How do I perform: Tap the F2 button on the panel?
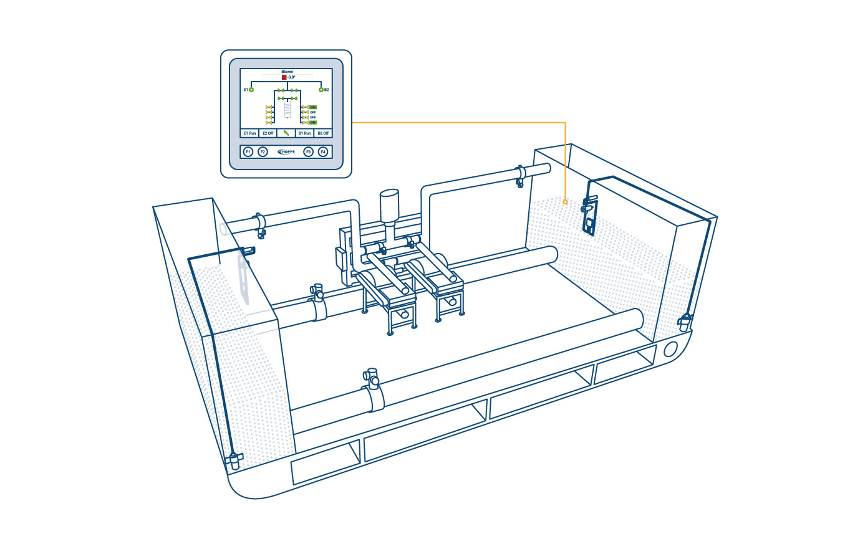263,151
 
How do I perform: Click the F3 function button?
307,151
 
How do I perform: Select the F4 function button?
322,151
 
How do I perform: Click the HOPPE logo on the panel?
285,151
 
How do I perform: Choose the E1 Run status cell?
249,133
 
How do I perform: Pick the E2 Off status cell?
268,133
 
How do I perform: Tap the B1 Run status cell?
304,133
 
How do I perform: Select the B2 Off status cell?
323,133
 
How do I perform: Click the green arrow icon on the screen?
286,133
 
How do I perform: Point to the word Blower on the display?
287,72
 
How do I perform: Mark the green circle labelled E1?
251,90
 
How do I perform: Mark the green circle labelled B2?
321,90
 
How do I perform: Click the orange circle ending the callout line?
565,201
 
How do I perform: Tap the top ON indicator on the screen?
312,107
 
